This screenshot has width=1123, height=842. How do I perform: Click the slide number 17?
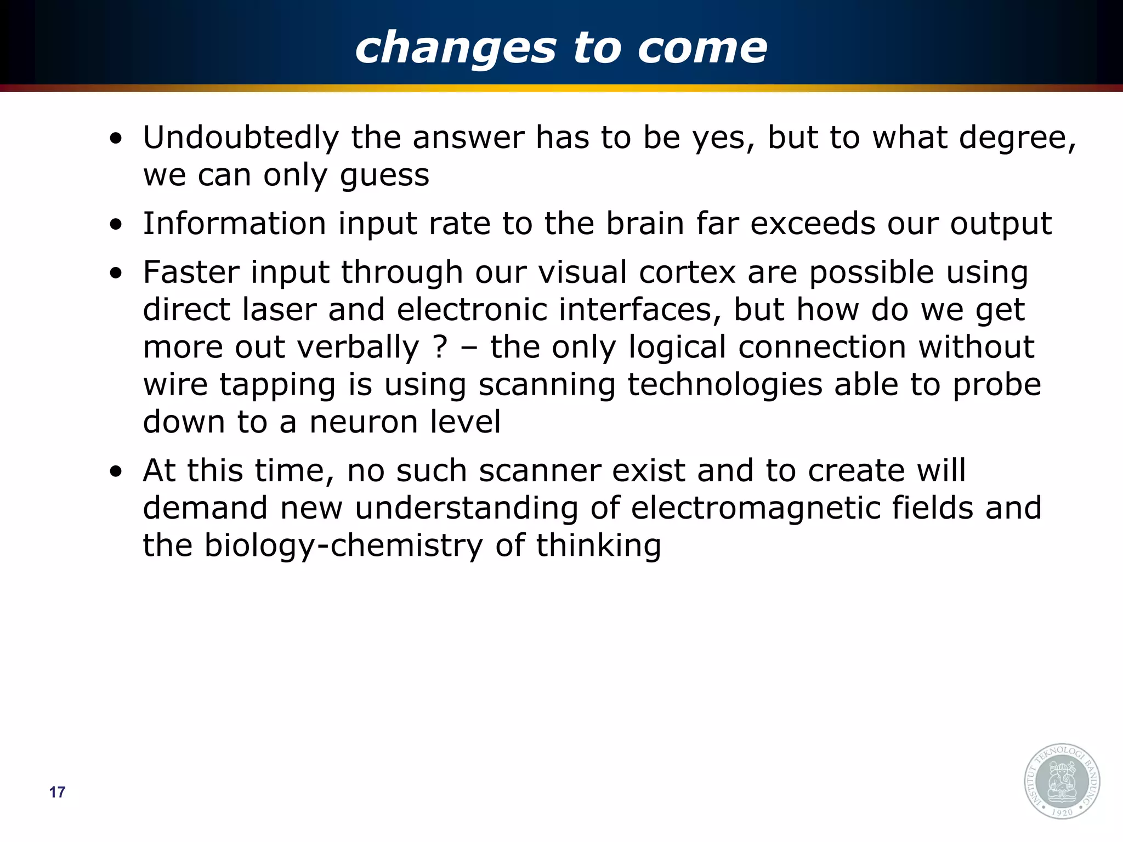57,792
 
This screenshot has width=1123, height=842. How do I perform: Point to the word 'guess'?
384,175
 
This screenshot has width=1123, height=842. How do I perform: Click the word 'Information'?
234,224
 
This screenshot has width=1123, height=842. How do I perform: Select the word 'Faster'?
191,272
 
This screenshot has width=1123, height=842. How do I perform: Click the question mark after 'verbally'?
440,347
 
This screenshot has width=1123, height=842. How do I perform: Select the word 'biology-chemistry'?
343,546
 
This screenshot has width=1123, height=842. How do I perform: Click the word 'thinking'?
598,546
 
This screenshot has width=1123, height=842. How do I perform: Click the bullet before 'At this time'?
116,473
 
